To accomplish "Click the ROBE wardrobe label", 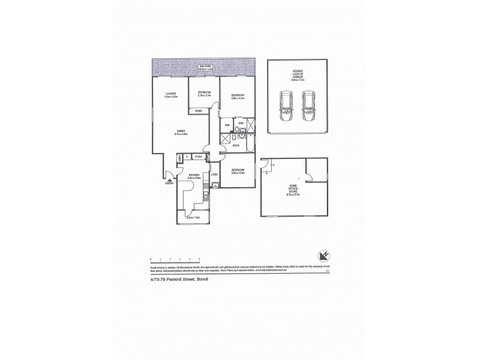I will tap(198, 111).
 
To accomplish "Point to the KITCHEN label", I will tap(193, 175).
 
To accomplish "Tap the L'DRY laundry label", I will tap(214, 174).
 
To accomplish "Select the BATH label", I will tap(236, 146).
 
